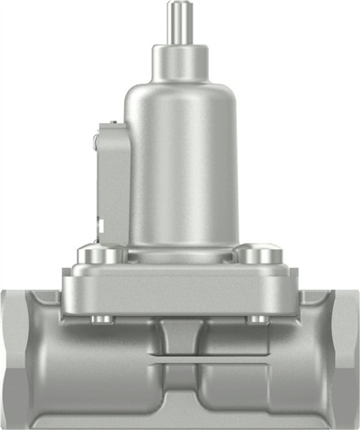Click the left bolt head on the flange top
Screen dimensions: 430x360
point(99,255)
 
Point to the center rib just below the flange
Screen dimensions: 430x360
point(180,337)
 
